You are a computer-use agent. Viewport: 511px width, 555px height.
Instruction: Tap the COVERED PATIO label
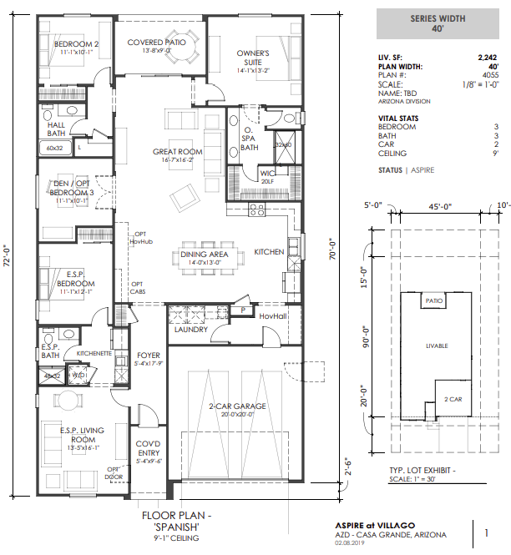tap(156, 43)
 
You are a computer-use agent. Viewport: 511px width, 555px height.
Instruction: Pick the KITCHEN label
tap(269, 251)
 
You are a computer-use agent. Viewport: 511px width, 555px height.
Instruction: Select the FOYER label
tap(148, 356)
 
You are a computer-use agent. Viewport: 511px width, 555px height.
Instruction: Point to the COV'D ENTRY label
tap(148, 448)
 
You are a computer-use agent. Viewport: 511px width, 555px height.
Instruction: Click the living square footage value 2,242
tap(487, 57)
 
